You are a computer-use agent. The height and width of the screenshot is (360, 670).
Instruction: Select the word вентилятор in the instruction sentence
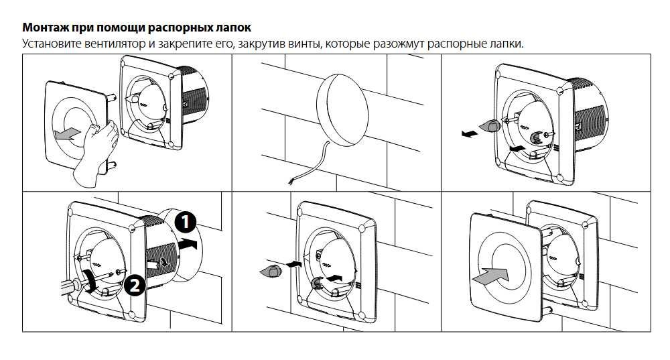[x=111, y=44]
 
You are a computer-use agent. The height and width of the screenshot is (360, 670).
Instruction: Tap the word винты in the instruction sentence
[x=288, y=44]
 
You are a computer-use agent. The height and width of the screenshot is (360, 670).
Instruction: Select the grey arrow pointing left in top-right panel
[x=470, y=133]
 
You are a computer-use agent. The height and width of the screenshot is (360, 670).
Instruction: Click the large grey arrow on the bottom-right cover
[x=490, y=273]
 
